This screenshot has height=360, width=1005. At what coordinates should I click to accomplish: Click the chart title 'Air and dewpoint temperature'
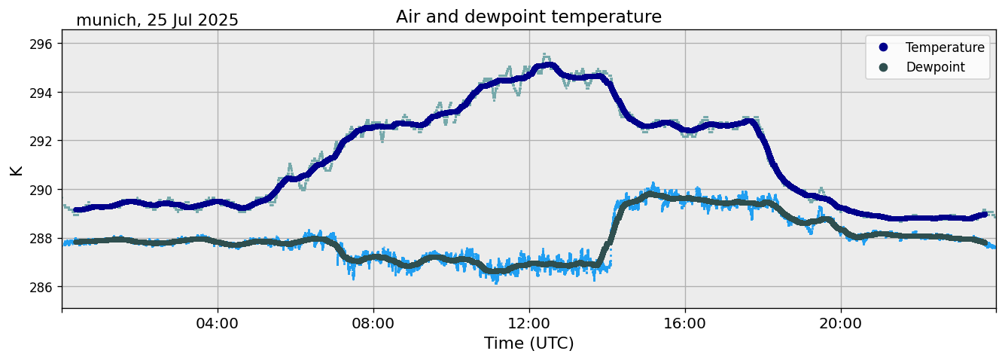[x=528, y=17]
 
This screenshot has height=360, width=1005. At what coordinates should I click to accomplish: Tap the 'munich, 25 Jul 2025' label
[x=157, y=20]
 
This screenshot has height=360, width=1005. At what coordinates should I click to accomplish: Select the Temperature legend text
[x=945, y=47]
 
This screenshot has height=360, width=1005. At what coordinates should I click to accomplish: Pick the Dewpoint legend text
[x=935, y=67]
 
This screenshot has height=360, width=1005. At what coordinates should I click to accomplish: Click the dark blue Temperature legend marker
[x=883, y=47]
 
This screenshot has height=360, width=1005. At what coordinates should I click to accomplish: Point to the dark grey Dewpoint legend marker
[x=883, y=67]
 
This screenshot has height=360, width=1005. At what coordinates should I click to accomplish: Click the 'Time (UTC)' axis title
[x=528, y=343]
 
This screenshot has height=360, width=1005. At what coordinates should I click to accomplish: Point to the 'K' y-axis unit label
[x=17, y=169]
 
